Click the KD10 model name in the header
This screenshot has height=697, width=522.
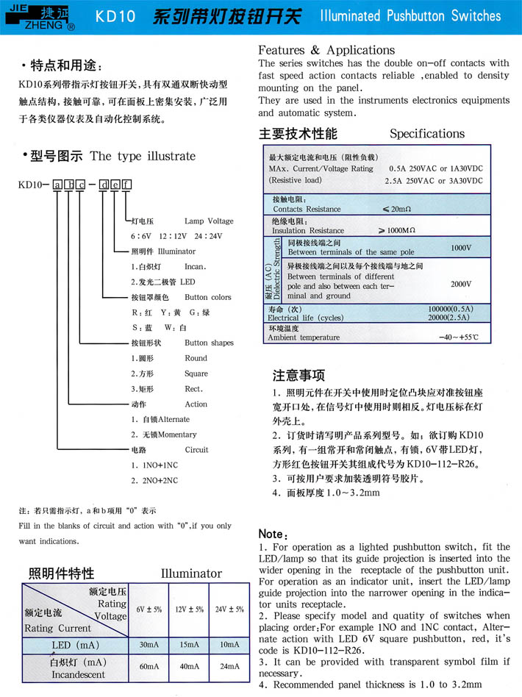click(x=115, y=16)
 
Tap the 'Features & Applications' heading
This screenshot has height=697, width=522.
click(x=326, y=50)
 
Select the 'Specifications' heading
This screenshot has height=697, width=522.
click(x=426, y=134)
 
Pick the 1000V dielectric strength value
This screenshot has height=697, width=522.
click(x=461, y=248)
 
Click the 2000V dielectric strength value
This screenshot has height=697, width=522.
click(x=461, y=282)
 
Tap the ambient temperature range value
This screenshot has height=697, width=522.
click(x=458, y=337)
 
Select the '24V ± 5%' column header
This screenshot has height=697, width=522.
click(x=229, y=610)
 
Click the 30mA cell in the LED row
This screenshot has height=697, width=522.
click(x=149, y=644)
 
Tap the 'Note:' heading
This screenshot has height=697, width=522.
click(x=273, y=534)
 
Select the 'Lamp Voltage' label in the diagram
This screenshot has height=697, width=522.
click(x=209, y=221)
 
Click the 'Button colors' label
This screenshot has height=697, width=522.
click(x=208, y=297)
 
